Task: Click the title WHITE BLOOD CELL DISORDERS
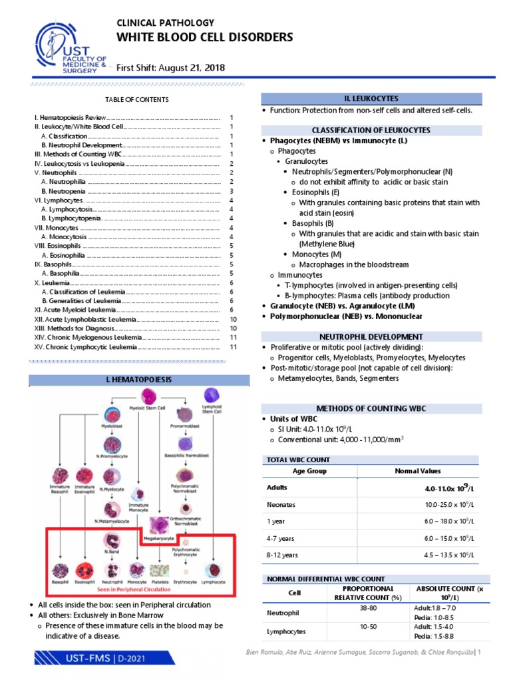tap(204, 37)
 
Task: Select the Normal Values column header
tap(417, 470)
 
